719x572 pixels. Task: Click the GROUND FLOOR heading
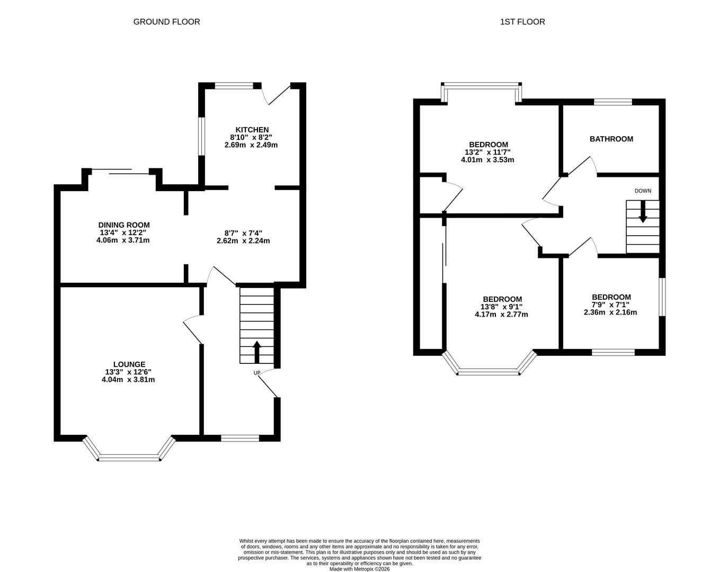[166, 22]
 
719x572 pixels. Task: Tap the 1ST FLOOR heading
[522, 22]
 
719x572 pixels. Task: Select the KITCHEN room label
[252, 130]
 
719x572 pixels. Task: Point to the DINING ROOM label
[124, 225]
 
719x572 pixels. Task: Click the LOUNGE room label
[129, 364]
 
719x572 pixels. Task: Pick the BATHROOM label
[611, 139]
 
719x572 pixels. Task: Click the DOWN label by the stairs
[643, 191]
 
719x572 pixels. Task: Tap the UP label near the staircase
[256, 373]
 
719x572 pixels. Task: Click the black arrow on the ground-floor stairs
[257, 352]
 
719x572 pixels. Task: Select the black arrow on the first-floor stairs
[643, 212]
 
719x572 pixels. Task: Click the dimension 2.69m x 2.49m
[251, 145]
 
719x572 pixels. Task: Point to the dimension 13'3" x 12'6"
[128, 372]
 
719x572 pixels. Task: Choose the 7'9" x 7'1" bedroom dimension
[610, 305]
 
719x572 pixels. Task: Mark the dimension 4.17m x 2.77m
[501, 314]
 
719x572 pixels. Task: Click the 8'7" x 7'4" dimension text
[243, 233]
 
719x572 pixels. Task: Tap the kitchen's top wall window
[234, 86]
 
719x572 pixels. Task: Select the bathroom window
[613, 102]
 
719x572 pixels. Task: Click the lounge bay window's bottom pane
[129, 458]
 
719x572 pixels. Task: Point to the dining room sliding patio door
[120, 171]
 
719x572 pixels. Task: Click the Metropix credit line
[359, 569]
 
